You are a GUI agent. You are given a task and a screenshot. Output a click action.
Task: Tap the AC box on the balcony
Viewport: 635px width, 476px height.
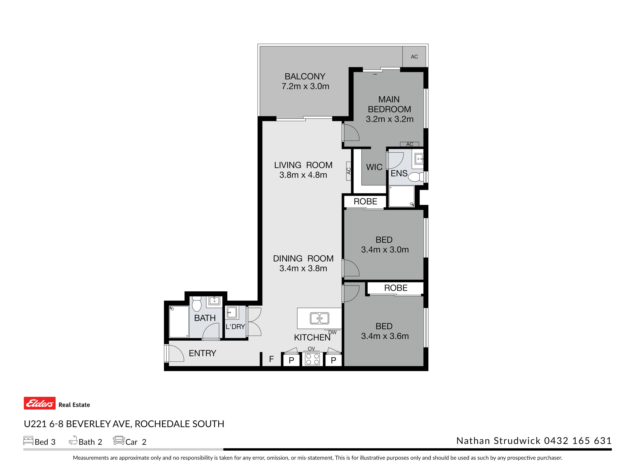pos(414,56)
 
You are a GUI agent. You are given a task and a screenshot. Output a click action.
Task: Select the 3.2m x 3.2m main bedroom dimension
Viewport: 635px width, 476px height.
pos(390,119)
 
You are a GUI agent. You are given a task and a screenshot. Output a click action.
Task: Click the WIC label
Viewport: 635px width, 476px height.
pos(374,167)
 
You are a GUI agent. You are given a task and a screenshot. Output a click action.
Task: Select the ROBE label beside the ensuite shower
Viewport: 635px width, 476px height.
pos(365,201)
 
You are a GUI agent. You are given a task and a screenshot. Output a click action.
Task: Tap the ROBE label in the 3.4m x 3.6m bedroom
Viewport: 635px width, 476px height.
pos(396,288)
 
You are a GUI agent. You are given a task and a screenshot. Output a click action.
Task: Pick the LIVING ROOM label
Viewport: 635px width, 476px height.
pos(303,165)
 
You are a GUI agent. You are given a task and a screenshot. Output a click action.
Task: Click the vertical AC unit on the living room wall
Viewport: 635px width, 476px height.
pos(348,171)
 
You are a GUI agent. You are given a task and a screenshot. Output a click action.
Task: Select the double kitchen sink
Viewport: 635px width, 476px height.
pos(319,318)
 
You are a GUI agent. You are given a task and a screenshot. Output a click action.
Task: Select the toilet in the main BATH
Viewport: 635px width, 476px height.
pos(197,304)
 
